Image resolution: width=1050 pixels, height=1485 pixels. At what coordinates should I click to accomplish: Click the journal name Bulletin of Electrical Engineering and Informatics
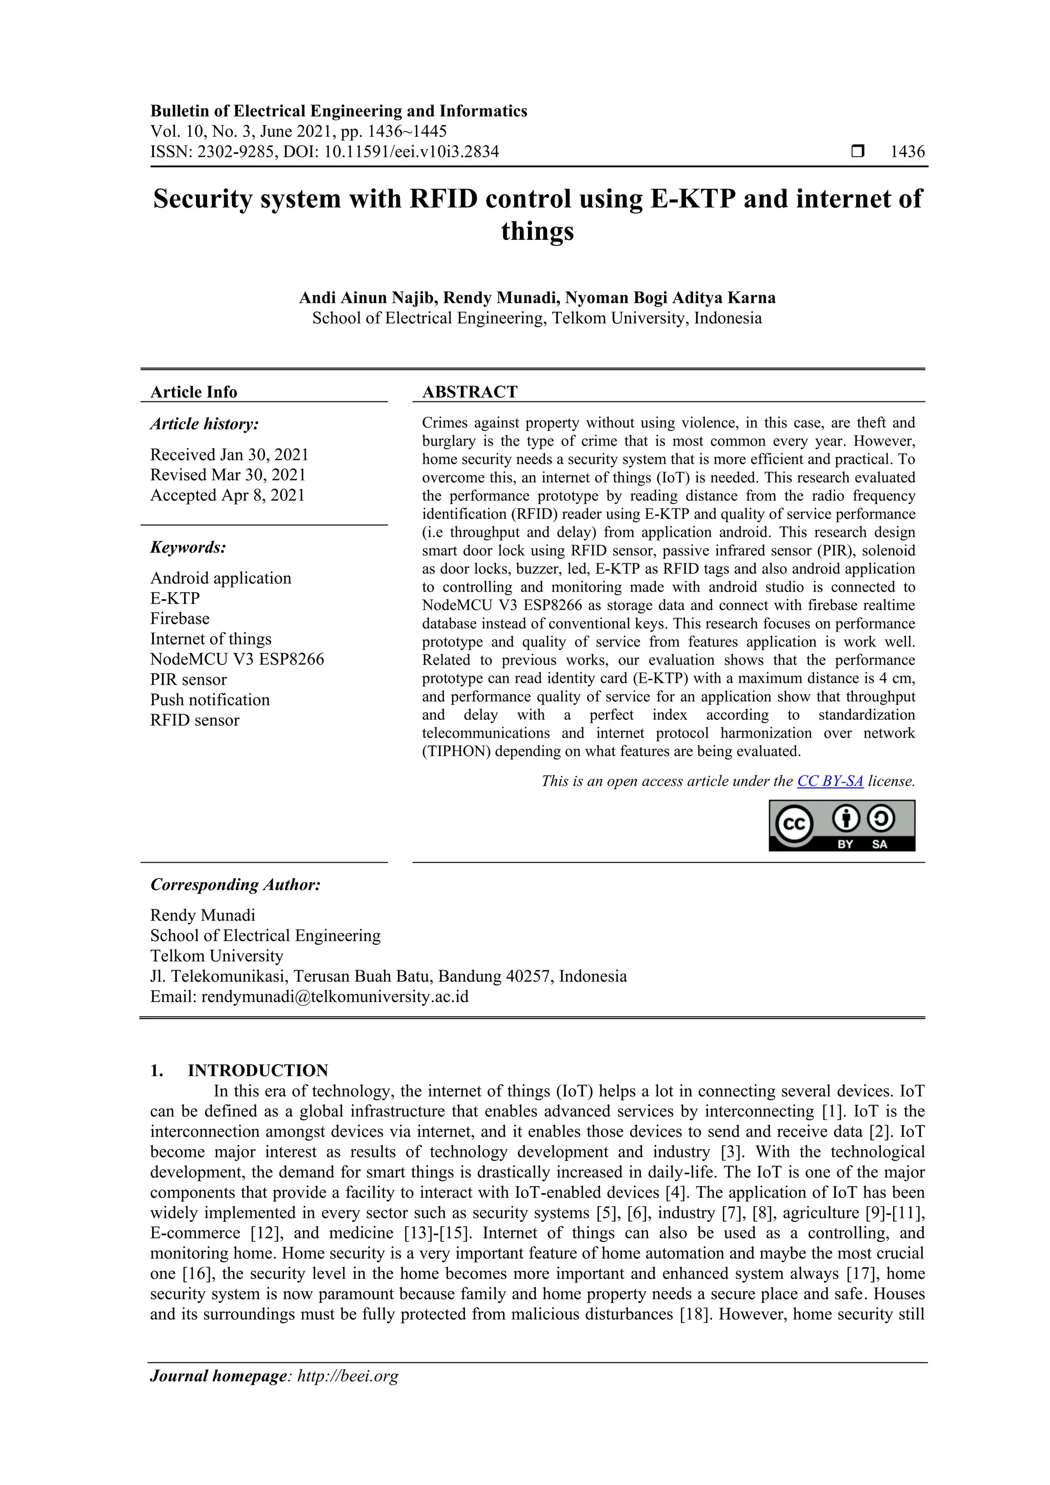338,111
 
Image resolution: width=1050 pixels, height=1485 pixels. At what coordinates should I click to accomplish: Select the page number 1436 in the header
907,152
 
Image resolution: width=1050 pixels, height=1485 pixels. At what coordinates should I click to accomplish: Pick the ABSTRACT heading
470,392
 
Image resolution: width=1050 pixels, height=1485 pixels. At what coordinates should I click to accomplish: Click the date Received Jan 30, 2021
229,455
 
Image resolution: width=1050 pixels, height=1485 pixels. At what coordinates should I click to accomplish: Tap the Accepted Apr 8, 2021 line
227,496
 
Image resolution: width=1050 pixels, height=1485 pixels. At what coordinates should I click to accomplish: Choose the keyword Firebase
180,619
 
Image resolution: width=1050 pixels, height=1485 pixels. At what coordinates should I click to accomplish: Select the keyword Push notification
210,700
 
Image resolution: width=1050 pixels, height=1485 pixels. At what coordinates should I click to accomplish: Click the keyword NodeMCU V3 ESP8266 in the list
237,660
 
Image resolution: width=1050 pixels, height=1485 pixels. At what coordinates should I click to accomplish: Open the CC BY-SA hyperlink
830,781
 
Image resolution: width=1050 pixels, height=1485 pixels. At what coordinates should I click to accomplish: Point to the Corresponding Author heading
235,885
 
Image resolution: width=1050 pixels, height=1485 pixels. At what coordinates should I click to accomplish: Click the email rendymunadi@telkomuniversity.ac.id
334,996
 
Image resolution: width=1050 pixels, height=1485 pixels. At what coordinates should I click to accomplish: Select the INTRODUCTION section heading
257,1070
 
